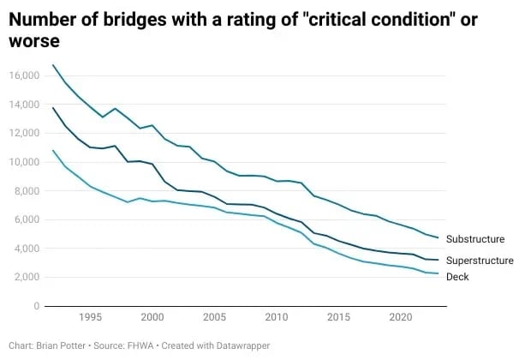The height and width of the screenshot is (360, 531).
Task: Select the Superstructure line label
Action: click(x=480, y=260)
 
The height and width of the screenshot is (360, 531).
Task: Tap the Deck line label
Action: click(x=459, y=277)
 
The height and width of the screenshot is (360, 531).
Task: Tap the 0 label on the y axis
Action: click(x=37, y=306)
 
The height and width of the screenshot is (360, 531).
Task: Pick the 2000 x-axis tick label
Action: click(x=152, y=317)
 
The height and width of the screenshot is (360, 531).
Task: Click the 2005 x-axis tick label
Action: click(x=214, y=317)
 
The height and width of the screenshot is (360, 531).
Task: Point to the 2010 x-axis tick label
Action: click(x=277, y=317)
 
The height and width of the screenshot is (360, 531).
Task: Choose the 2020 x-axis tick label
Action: click(x=400, y=317)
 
